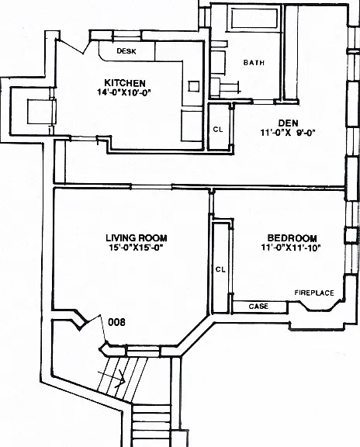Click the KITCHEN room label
click(125, 83)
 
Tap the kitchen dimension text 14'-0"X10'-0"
click(123, 92)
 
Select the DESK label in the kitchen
click(126, 51)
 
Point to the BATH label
click(254, 62)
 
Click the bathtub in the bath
click(254, 19)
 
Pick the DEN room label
click(288, 123)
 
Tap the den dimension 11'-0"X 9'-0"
click(288, 133)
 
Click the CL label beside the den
click(218, 130)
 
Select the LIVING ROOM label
click(137, 237)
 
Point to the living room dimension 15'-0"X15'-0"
click(136, 248)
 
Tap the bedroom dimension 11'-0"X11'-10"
click(291, 248)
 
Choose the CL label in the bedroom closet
click(220, 269)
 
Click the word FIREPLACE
click(314, 293)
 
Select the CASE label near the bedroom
click(258, 307)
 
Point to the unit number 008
click(117, 322)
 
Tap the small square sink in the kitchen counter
click(193, 86)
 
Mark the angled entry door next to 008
click(95, 327)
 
